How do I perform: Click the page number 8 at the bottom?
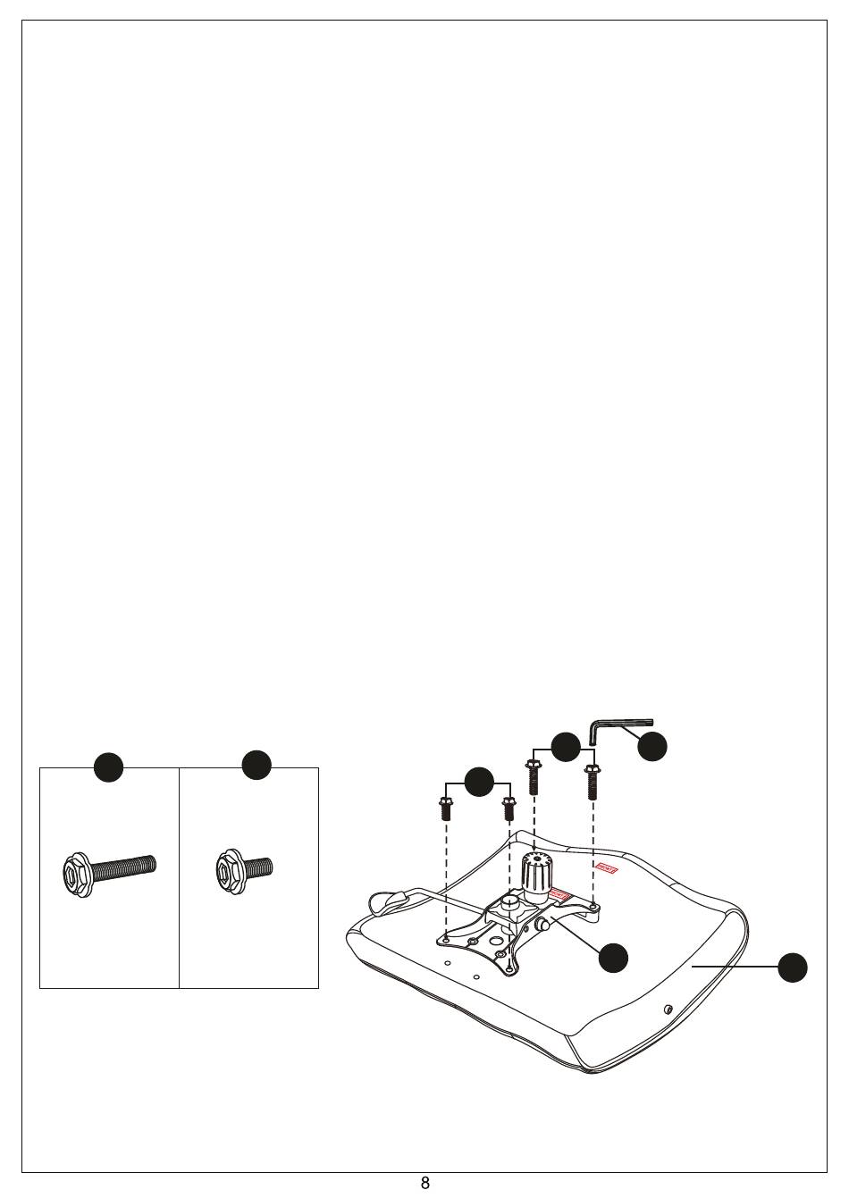[x=425, y=1184]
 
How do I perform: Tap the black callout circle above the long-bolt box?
[x=109, y=767]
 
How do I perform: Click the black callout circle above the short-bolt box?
[x=256, y=764]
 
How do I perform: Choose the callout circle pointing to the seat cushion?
[x=792, y=968]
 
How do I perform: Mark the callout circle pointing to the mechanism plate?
[x=613, y=958]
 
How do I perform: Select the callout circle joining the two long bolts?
[x=566, y=747]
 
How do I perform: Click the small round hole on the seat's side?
[x=669, y=1009]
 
